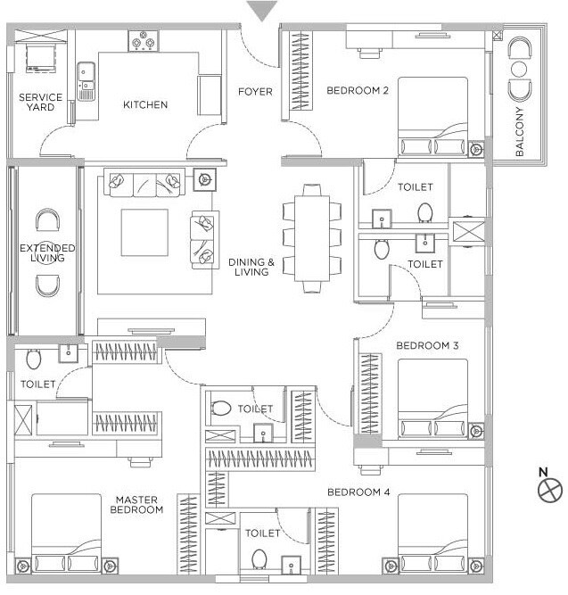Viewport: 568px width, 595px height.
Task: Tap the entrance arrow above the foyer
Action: pos(259,12)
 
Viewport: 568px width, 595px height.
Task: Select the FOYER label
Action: pos(254,92)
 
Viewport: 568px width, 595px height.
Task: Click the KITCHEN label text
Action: pos(145,105)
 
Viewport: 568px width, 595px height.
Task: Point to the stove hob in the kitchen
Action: pos(143,40)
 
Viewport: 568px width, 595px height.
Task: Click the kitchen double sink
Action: pos(86,81)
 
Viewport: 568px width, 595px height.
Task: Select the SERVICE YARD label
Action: pos(41,103)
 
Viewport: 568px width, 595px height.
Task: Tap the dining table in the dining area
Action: pos(311,238)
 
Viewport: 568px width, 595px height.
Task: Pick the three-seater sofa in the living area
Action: pos(144,183)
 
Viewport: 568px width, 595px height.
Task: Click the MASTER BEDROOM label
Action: pos(136,505)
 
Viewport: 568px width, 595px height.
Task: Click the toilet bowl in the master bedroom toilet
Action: pos(34,359)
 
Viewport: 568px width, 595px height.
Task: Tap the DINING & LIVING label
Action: pos(251,267)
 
